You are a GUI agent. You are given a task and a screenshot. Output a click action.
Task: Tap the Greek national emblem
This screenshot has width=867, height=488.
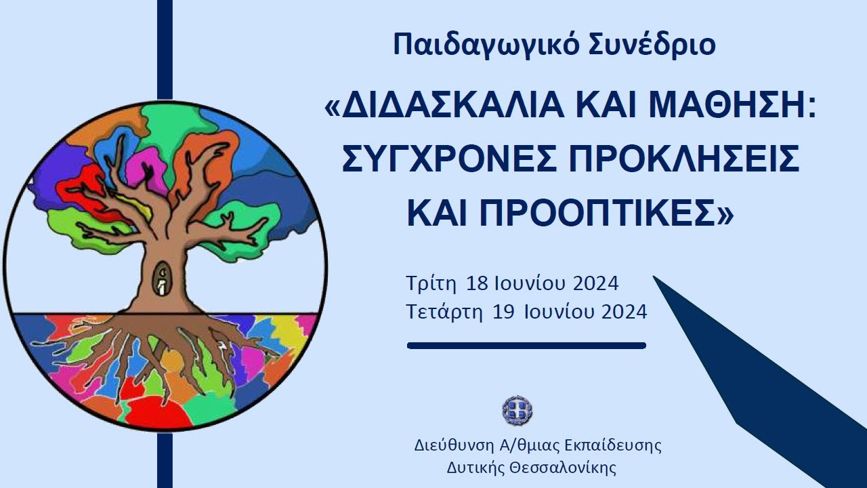click(517, 411)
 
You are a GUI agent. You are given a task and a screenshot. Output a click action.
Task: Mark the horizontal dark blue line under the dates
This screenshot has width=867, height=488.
click(526, 346)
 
